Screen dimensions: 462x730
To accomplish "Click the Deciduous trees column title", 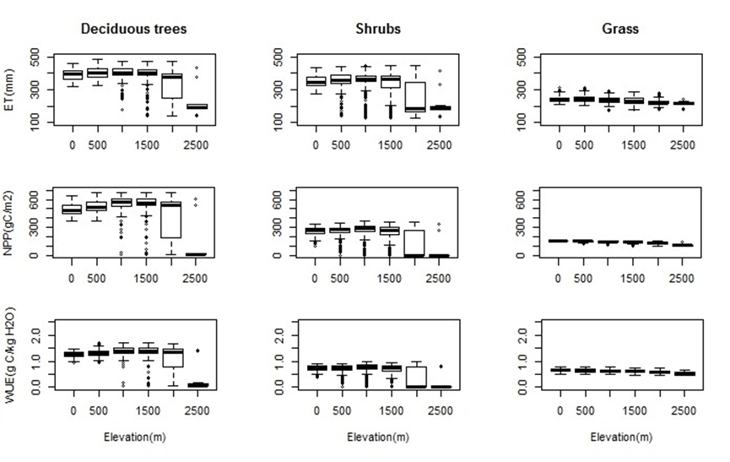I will (x=133, y=29).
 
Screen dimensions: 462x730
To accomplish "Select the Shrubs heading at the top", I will (x=377, y=29).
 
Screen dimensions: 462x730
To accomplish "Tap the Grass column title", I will (x=620, y=29).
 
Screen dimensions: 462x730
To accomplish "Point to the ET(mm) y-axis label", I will (x=11, y=88).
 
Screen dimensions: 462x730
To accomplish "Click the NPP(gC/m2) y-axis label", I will (x=11, y=220).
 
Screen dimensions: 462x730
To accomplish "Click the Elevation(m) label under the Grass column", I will (x=620, y=438).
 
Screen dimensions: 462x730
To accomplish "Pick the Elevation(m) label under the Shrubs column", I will (x=377, y=438).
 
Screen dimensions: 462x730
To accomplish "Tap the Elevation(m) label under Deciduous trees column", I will (x=133, y=438).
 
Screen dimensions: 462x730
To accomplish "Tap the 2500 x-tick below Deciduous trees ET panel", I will (x=197, y=145).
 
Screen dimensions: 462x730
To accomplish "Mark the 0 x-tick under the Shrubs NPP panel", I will (x=316, y=277).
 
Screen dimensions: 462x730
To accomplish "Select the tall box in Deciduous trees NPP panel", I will (x=173, y=220).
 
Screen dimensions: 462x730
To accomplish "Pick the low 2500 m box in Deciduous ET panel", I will (x=197, y=106).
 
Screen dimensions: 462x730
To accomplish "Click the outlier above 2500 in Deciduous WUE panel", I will (x=197, y=351).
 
